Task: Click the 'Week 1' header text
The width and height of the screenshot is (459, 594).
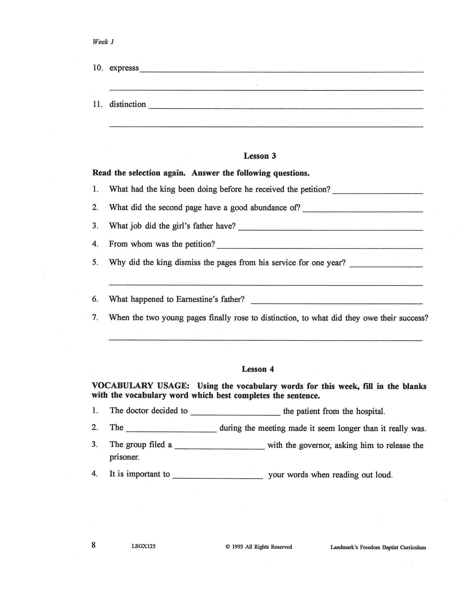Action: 103,42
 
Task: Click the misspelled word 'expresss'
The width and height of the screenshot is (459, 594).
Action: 124,68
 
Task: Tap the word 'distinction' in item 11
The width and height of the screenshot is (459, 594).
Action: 127,105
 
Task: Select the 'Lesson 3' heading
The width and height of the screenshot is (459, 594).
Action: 260,156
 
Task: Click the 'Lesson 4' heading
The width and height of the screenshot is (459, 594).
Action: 258,369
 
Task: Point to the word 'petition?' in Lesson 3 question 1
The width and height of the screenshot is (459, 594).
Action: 315,190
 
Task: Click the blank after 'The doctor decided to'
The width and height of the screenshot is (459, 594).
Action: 235,413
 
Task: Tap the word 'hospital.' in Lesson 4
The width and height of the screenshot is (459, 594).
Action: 370,412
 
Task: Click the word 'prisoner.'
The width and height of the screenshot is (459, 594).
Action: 125,457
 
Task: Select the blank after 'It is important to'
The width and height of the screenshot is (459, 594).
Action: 218,476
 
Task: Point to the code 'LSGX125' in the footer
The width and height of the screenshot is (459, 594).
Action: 143,546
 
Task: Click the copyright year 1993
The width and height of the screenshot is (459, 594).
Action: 238,547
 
